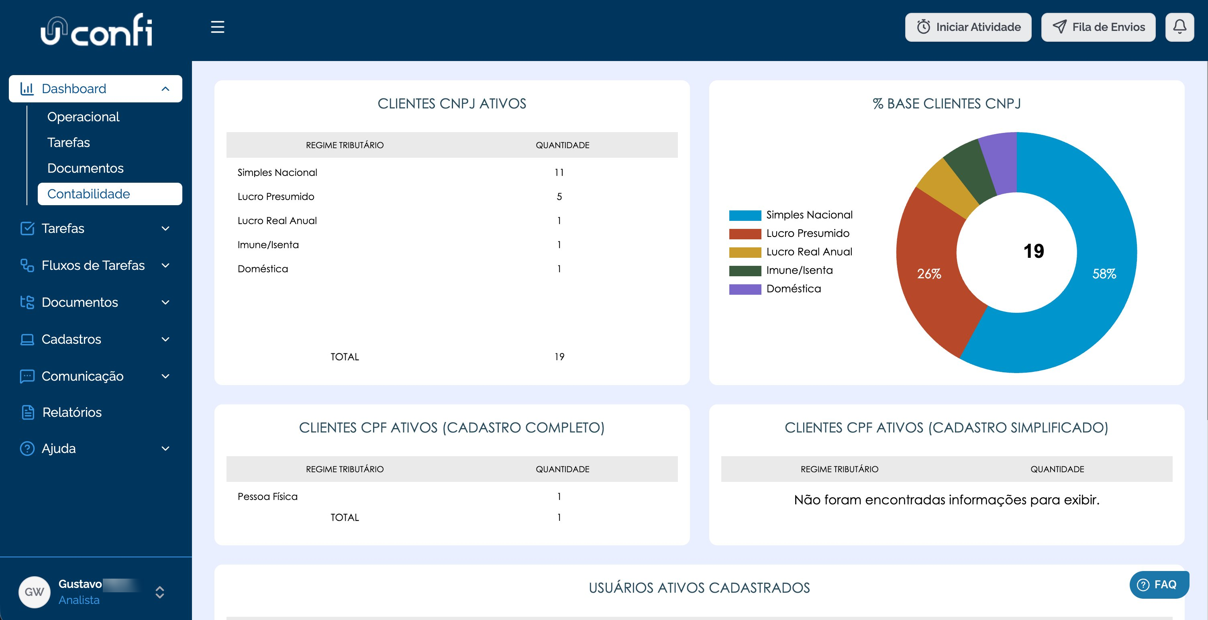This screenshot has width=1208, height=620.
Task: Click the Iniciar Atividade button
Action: point(968,27)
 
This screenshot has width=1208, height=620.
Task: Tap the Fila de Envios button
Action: point(1098,27)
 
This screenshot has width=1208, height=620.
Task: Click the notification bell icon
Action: point(1179,27)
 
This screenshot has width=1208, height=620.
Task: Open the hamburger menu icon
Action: point(218,27)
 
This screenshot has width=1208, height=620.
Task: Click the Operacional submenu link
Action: point(84,117)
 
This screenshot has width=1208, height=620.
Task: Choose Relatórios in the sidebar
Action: point(72,412)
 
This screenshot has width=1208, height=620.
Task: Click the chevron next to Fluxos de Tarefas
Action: point(165,265)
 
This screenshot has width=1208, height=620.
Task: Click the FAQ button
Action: point(1159,584)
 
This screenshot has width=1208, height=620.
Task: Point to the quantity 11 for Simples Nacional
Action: point(559,173)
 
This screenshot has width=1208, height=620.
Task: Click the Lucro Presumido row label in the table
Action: point(276,196)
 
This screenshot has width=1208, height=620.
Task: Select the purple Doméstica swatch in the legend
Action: point(745,289)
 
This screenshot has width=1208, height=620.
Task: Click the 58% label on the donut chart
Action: point(1104,273)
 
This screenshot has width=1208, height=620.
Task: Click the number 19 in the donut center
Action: point(1034,251)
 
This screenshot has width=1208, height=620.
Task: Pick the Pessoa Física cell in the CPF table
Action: point(267,496)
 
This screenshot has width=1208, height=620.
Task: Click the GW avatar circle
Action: point(34,592)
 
